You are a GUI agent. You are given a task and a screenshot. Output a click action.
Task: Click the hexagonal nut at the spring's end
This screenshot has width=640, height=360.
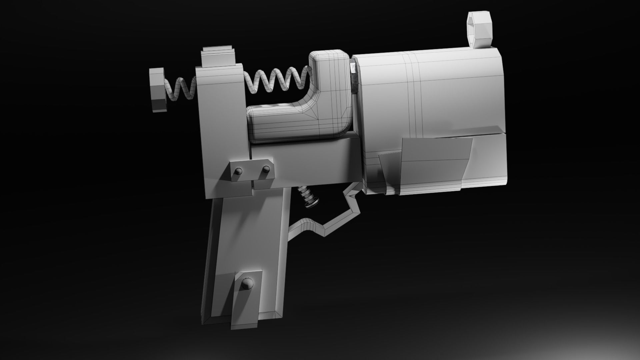tap(157, 89)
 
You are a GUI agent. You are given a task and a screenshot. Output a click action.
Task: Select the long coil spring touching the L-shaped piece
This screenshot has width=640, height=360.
tap(277, 80)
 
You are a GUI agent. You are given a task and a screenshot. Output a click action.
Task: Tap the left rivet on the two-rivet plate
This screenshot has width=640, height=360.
tap(238, 171)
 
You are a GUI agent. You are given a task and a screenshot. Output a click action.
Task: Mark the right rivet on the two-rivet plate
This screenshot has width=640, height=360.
tap(266, 169)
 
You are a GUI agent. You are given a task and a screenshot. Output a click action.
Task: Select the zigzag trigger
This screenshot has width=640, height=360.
tap(330, 220)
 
